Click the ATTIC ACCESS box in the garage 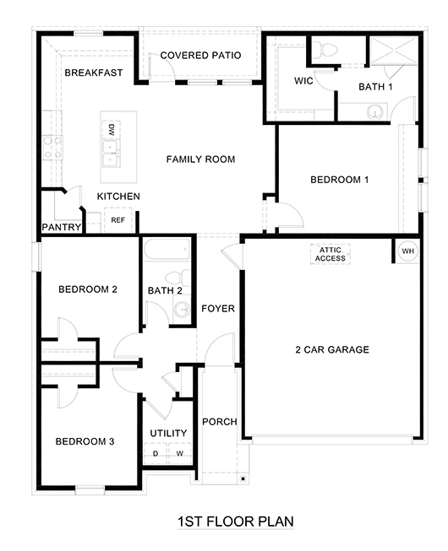click(x=331, y=253)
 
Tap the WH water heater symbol click(x=407, y=251)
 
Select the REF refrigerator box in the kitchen click(x=117, y=219)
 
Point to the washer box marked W click(x=179, y=454)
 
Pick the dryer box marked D click(x=156, y=454)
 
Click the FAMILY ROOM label click(x=200, y=159)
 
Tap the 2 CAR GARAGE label click(x=331, y=349)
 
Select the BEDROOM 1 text click(x=340, y=180)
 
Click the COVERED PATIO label click(x=200, y=56)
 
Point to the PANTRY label click(x=61, y=228)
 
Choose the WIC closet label click(x=304, y=82)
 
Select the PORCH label click(x=220, y=422)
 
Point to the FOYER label click(x=218, y=309)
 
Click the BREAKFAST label click(x=93, y=73)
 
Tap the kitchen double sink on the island click(x=110, y=153)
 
